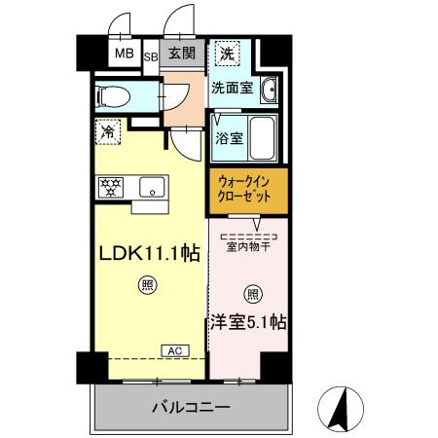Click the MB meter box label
(125, 54)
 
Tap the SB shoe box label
(152, 55)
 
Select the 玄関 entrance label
(182, 55)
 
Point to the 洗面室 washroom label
(235, 88)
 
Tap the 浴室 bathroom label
(230, 137)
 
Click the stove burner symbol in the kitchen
(109, 186)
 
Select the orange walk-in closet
(247, 189)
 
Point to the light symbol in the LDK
(147, 285)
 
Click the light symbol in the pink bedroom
(253, 293)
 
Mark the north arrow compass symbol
(341, 409)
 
